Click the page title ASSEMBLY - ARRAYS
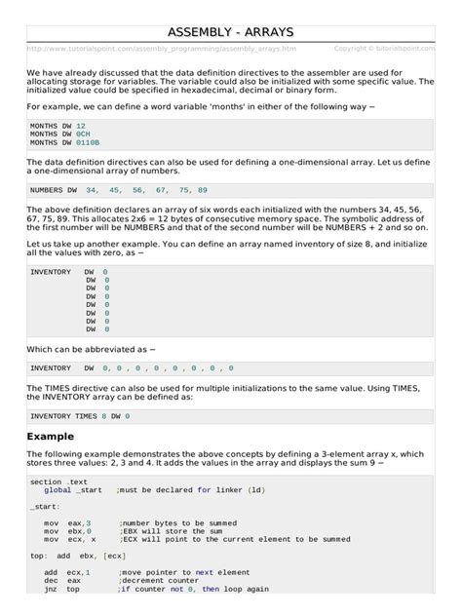(x=231, y=32)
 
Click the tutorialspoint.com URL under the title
(x=161, y=48)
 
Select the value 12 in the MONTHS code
(x=81, y=127)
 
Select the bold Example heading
(x=50, y=436)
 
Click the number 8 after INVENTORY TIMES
(x=104, y=415)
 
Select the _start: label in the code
(x=46, y=507)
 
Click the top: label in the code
(x=39, y=555)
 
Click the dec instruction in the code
(x=50, y=579)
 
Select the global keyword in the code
(x=58, y=490)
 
